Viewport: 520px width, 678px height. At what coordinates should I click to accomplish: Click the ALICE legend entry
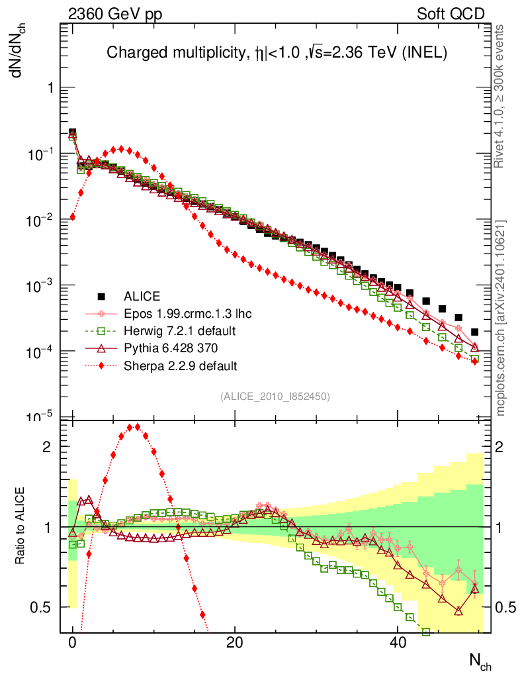(142, 296)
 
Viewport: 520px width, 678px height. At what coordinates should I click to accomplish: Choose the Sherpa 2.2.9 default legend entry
(179, 365)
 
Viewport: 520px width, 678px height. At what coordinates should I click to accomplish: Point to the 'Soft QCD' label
(451, 14)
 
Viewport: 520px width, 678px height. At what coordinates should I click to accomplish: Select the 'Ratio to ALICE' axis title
(21, 526)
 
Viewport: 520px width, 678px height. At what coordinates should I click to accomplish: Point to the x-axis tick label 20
(234, 643)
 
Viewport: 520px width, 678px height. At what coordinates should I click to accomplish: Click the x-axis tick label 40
(396, 643)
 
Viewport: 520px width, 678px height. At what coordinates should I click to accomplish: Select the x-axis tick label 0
(72, 643)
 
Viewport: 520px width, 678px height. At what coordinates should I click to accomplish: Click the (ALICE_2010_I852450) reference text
(275, 396)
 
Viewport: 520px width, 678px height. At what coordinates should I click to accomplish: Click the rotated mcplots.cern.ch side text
(501, 318)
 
